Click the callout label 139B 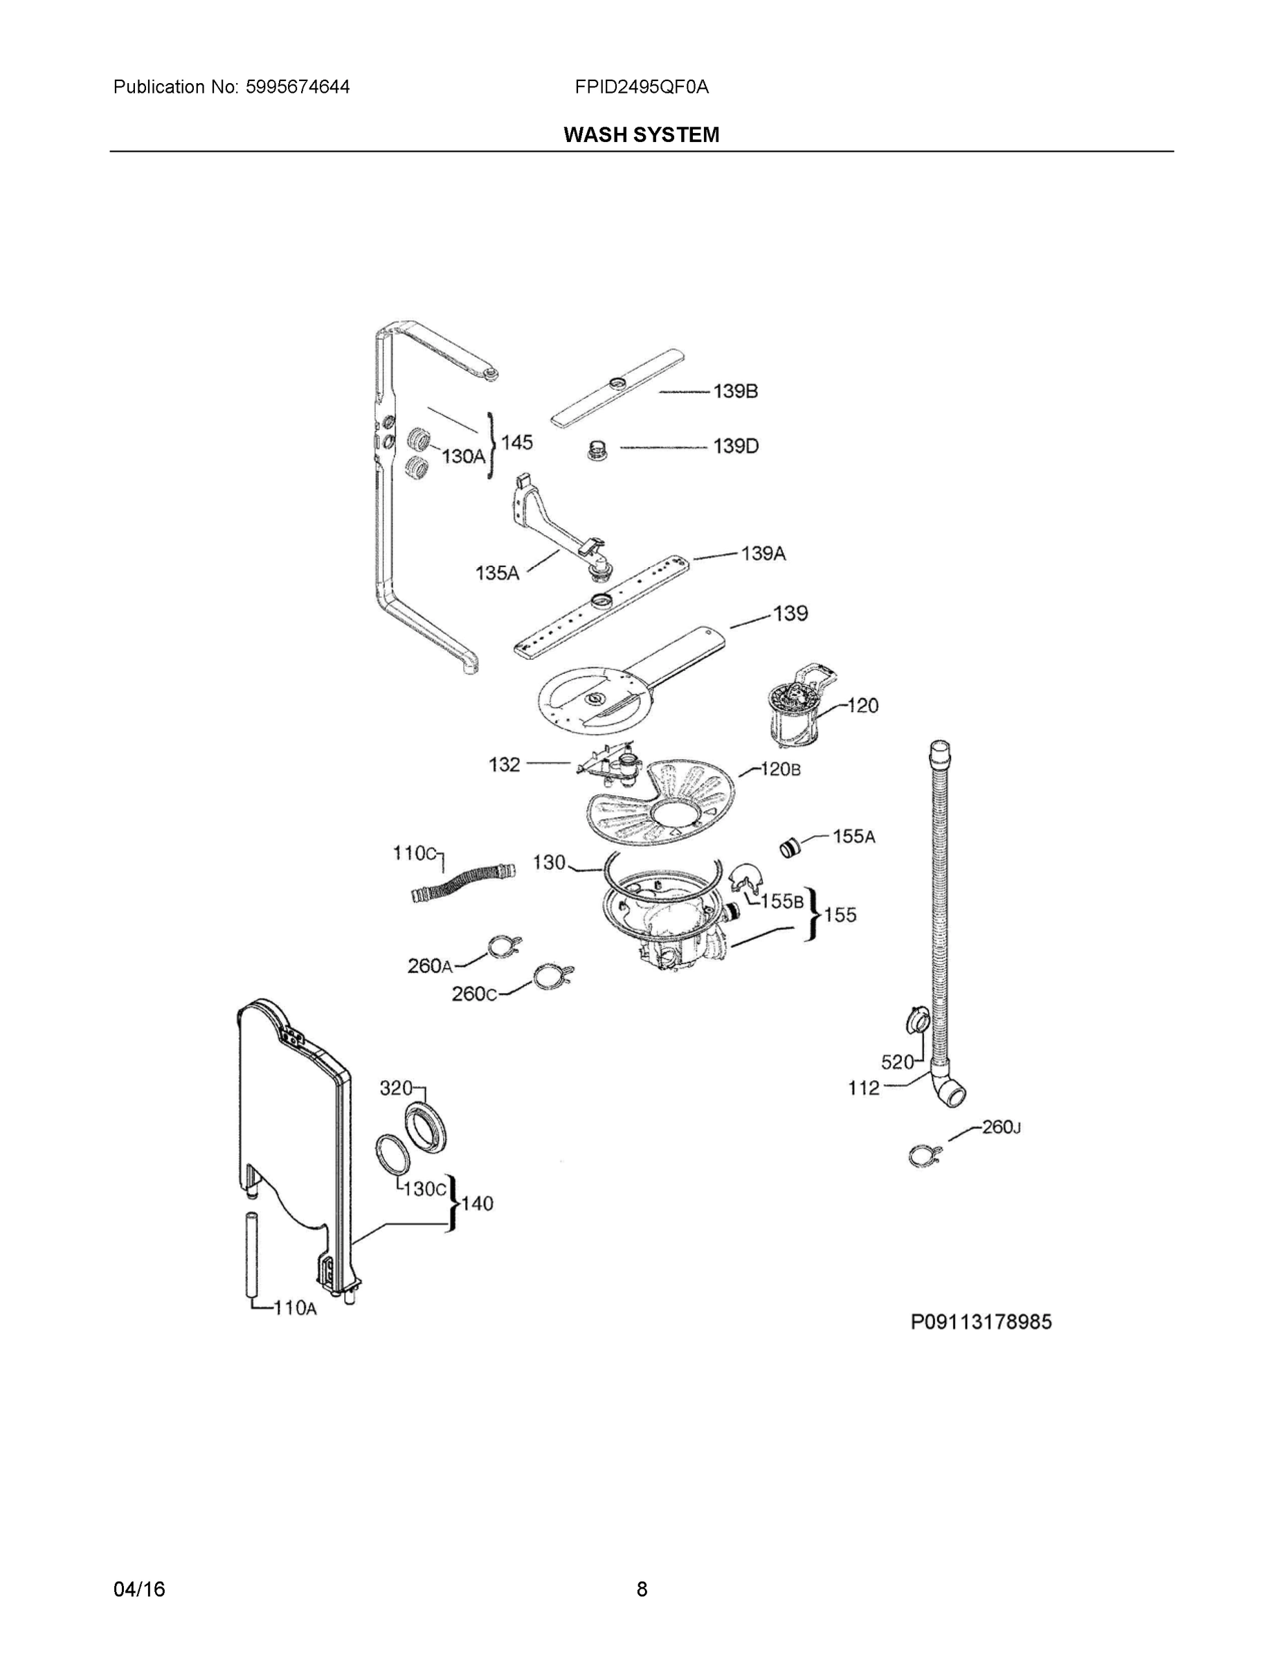click(735, 391)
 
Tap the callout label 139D click(736, 446)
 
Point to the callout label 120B click(781, 769)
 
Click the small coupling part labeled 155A click(791, 847)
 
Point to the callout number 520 click(897, 1062)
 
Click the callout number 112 click(864, 1088)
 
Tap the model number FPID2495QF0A click(641, 87)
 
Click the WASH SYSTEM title click(641, 135)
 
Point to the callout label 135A click(497, 573)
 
